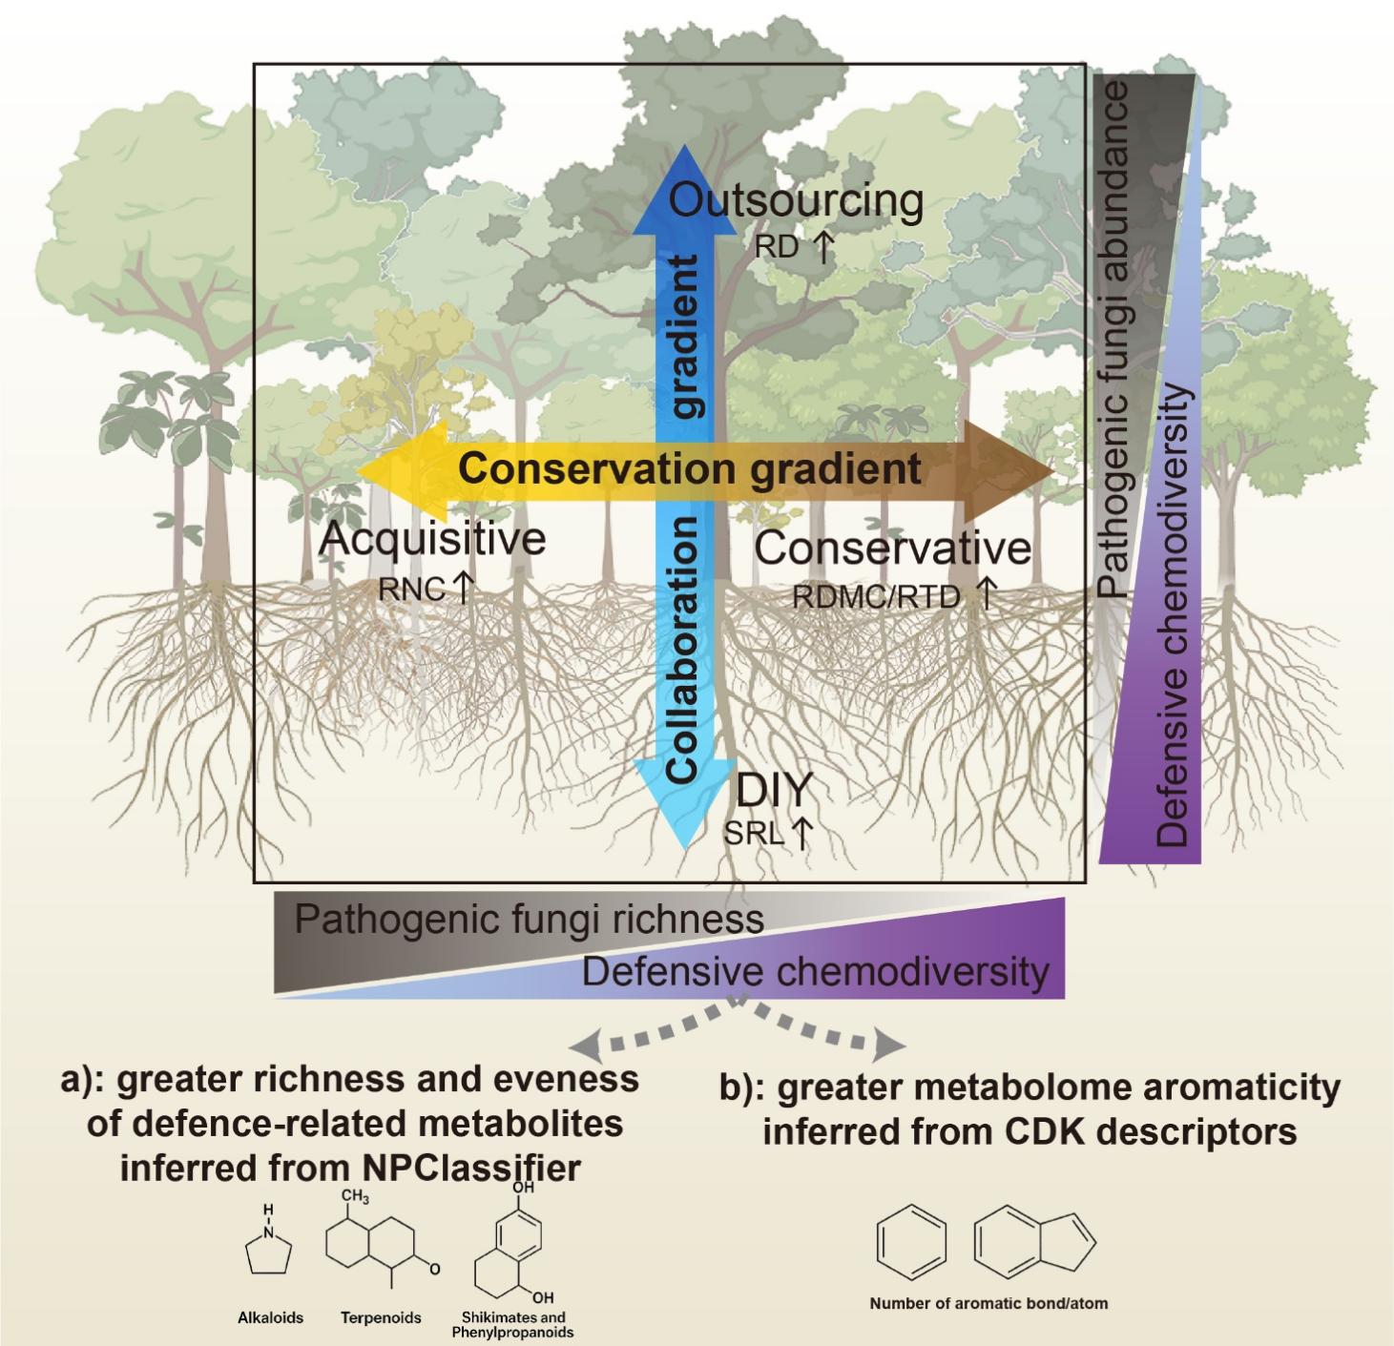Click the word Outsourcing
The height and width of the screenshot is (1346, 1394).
coord(796,203)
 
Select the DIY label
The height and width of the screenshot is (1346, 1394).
coord(775,790)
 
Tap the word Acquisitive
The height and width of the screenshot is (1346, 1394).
coord(432,539)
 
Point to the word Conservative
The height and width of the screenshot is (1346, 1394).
coord(892,549)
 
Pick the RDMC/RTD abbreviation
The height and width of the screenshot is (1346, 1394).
coord(875,596)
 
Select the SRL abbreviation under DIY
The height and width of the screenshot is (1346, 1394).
coord(754,833)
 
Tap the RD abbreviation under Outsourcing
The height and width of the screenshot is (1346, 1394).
coord(777,247)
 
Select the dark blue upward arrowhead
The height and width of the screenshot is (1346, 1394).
coord(685,190)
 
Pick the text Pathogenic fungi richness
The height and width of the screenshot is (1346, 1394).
coord(530,919)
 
